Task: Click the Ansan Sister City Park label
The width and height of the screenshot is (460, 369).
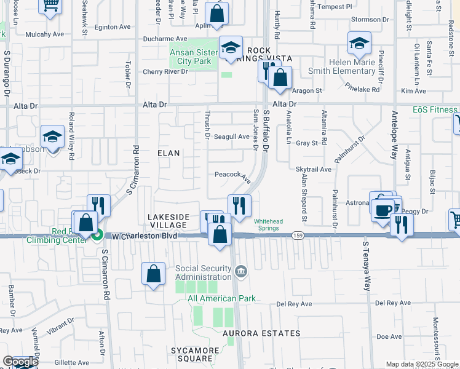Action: point(194,57)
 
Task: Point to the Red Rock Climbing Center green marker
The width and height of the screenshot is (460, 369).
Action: point(97,234)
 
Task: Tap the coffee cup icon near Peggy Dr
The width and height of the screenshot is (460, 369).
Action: point(382,210)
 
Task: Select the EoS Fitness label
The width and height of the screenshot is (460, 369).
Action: point(435,110)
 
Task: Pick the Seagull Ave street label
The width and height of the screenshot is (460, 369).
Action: point(231,137)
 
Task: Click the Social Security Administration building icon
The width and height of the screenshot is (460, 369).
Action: point(241,271)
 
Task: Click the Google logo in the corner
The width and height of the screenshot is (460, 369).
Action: point(20,362)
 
